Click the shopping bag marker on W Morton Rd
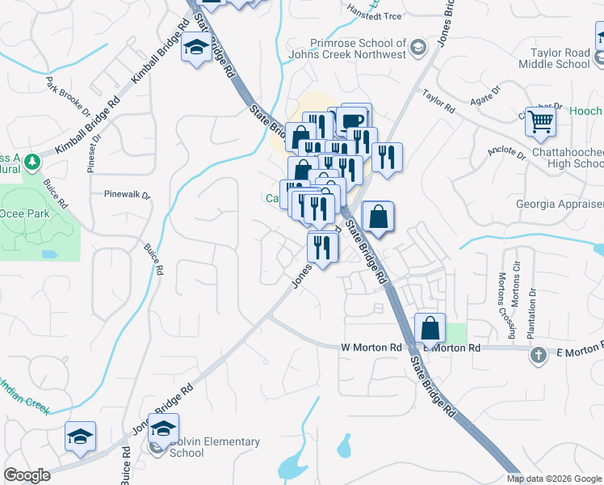[430, 328]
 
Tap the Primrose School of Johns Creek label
[357, 49]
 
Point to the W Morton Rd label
[371, 348]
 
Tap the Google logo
[27, 475]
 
